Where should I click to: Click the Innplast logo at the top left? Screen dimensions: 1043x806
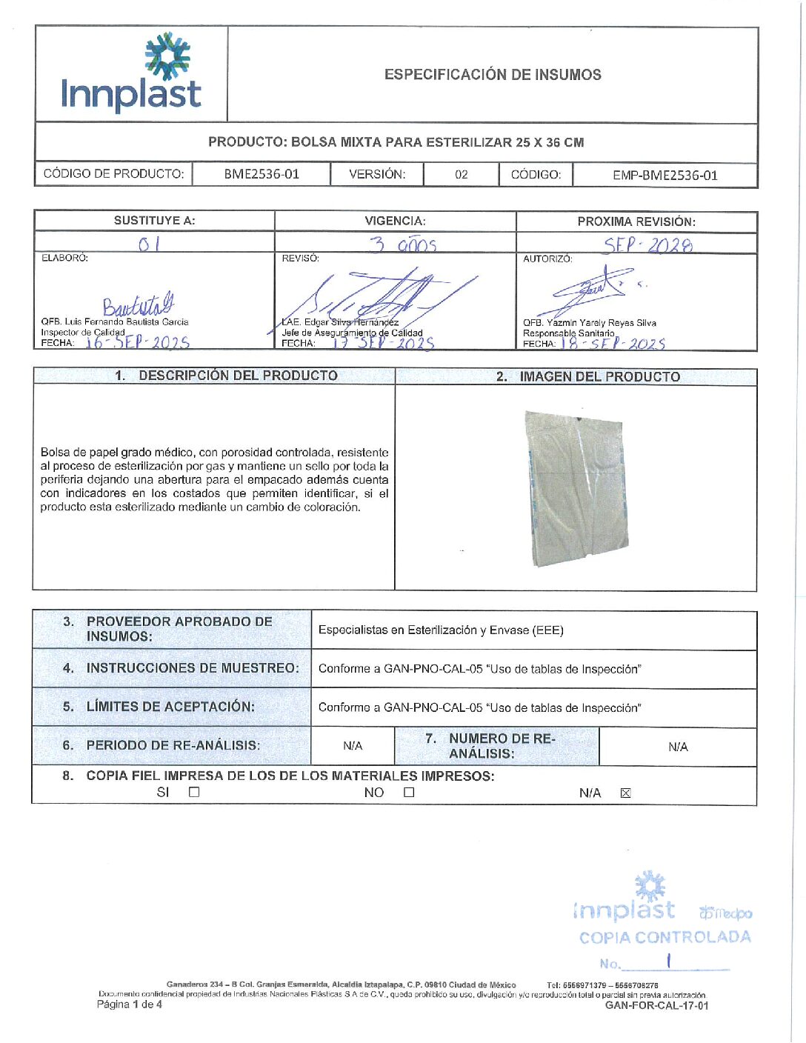pyautogui.click(x=131, y=74)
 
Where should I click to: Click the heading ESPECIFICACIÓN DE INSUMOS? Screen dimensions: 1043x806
pyautogui.click(x=493, y=74)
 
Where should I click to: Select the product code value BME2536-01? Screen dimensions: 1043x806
pyautogui.click(x=262, y=175)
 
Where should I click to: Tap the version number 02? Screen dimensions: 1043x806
pyautogui.click(x=461, y=175)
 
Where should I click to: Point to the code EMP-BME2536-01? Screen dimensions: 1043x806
pyautogui.click(x=665, y=176)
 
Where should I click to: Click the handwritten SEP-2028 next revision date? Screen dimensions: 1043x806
pyautogui.click(x=647, y=245)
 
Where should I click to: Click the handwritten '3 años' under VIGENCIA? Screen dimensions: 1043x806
pyautogui.click(x=403, y=244)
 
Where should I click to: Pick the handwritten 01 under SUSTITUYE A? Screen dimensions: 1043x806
pyautogui.click(x=148, y=244)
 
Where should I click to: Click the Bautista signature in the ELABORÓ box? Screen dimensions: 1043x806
pyautogui.click(x=139, y=304)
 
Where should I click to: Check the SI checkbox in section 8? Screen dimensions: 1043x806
pyautogui.click(x=194, y=792)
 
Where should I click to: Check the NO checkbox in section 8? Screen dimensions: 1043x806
pyautogui.click(x=409, y=792)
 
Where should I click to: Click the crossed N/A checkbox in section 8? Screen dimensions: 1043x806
pyautogui.click(x=625, y=793)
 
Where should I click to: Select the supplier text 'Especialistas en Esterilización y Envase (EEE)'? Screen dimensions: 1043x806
pyautogui.click(x=441, y=630)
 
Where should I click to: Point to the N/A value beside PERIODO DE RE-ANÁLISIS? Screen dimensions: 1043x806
pyautogui.click(x=353, y=746)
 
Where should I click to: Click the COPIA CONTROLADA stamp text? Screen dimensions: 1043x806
pyautogui.click(x=665, y=937)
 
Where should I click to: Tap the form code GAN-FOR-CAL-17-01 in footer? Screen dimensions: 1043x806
pyautogui.click(x=656, y=1005)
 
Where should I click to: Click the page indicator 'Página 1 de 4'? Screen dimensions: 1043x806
pyautogui.click(x=129, y=1004)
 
